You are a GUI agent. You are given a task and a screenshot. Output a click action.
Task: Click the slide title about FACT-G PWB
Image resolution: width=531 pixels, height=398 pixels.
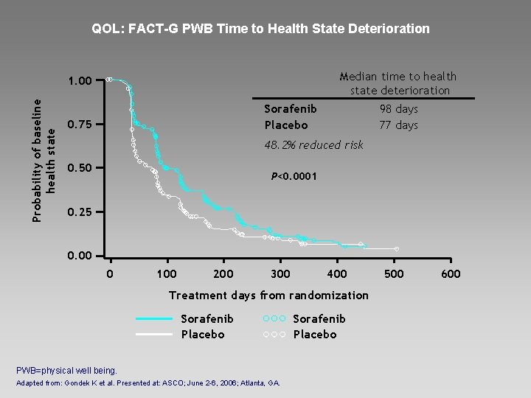[x=260, y=29]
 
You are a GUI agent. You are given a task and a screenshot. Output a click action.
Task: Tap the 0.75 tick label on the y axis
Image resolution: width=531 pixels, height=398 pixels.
[x=80, y=125]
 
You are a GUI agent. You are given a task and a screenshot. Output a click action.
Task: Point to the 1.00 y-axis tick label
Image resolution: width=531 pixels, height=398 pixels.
[x=80, y=81]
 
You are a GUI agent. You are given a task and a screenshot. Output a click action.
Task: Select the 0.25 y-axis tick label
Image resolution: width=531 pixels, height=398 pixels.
[x=80, y=212]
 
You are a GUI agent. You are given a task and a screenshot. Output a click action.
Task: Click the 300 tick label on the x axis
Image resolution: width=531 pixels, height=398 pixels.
[x=280, y=273]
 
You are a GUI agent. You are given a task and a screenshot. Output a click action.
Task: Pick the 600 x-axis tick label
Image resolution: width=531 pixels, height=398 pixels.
[x=451, y=273]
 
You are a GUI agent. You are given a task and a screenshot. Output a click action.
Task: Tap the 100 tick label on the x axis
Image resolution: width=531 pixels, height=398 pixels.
[x=167, y=273]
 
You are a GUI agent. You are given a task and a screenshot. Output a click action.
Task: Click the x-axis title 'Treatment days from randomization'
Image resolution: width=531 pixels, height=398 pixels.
[x=268, y=296]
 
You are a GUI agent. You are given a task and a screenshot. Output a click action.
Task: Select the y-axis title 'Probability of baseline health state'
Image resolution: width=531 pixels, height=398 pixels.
[x=44, y=161]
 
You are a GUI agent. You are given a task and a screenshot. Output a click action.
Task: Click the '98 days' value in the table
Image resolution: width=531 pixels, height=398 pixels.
[x=398, y=109]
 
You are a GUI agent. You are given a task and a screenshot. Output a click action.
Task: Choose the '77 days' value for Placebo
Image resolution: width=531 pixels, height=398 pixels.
[x=398, y=125]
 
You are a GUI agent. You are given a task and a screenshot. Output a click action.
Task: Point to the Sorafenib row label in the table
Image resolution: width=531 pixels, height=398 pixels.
[x=291, y=109]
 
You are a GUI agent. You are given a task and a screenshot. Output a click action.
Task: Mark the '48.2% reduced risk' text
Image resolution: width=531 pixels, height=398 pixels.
[x=313, y=145]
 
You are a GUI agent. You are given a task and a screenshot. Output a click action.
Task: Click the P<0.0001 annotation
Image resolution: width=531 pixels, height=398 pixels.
[x=294, y=176]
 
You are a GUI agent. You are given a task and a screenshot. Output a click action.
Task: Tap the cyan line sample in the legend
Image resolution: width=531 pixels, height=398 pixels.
[x=154, y=319]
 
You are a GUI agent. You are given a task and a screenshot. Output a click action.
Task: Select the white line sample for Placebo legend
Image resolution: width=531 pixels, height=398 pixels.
[x=154, y=335]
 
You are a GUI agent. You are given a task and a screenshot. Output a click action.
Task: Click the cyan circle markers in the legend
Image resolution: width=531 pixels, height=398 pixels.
[x=274, y=318]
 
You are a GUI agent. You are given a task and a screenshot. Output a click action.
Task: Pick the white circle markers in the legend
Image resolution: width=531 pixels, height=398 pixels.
[x=274, y=335]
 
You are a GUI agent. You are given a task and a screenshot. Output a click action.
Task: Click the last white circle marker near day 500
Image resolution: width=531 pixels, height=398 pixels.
[x=397, y=249]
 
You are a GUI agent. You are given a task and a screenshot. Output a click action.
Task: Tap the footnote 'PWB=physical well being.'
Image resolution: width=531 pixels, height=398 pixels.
[x=66, y=371]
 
